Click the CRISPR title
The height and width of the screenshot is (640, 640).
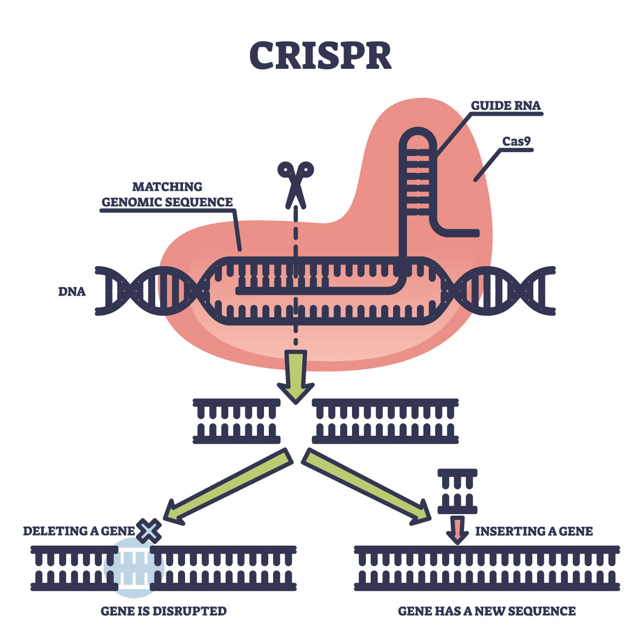(320, 55)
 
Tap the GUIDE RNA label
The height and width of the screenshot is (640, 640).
(506, 106)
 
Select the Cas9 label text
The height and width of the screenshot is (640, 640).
(516, 141)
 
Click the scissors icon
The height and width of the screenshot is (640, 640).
(295, 185)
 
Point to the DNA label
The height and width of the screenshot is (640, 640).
(72, 292)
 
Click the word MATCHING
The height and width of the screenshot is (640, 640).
(167, 187)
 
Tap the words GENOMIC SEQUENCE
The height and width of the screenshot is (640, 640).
(167, 202)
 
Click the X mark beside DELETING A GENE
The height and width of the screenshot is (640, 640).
(149, 531)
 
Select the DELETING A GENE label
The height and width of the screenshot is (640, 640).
(79, 531)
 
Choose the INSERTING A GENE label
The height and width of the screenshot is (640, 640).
(534, 531)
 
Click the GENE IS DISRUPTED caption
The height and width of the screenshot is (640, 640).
(164, 611)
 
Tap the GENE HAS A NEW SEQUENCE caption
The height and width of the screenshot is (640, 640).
(487, 611)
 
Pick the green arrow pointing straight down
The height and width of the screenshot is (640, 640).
(295, 377)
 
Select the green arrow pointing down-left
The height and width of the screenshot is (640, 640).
(228, 487)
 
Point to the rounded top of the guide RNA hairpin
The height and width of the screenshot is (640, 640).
(418, 133)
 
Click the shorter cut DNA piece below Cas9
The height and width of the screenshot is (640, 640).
(237, 421)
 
